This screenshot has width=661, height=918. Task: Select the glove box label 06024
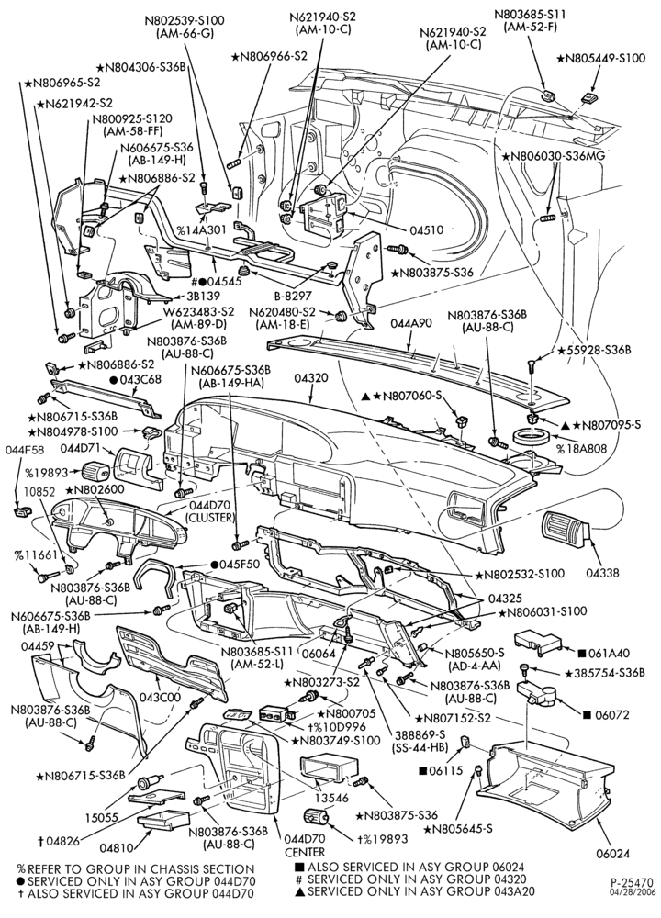pyautogui.click(x=613, y=854)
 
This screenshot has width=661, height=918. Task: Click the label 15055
pyautogui.click(x=103, y=817)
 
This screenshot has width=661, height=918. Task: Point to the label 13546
pyautogui.click(x=330, y=798)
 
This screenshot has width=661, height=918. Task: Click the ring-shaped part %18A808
pyautogui.click(x=532, y=436)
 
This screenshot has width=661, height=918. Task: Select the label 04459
pyautogui.click(x=38, y=645)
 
